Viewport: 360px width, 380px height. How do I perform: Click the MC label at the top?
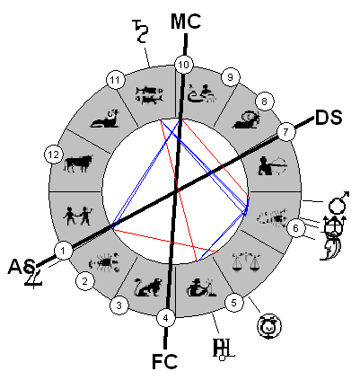pos(186,22)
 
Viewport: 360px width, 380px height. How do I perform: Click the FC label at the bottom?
pos(164,361)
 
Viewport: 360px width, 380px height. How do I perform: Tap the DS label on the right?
pos(329,118)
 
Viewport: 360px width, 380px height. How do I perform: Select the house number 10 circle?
pos(184,65)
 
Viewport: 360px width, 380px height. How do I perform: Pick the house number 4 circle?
pos(166,318)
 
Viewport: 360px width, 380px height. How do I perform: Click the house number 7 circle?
pos(285,132)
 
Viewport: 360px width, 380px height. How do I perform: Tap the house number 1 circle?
pos(63,251)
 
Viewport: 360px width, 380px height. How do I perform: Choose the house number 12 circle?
pos(54,155)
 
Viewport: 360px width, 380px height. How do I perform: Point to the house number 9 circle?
pos(230,77)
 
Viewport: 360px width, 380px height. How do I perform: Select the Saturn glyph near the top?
pos(140,31)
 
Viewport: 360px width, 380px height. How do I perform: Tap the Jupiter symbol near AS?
pos(33,277)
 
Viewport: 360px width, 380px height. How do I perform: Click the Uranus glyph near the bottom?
pos(223,349)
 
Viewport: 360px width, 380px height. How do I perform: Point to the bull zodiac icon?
pos(78,163)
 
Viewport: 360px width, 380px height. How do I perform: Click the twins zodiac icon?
pos(77,216)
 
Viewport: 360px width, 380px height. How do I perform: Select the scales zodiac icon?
pos(246,261)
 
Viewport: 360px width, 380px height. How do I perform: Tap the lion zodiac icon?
pos(148,287)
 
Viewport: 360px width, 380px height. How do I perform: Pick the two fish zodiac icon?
pos(149,95)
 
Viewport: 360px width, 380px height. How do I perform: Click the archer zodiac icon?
pos(272,165)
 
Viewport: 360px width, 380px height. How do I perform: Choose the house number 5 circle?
pos(234,303)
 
